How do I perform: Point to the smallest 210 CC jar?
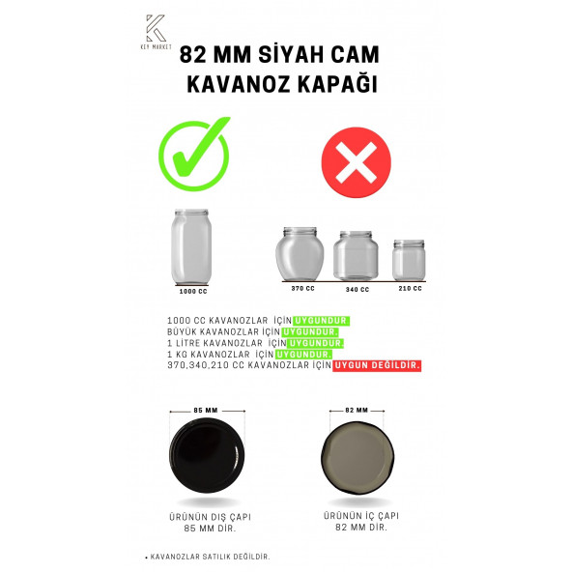[409, 260]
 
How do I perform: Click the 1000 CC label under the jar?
[194, 291]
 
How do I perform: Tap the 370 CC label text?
[302, 288]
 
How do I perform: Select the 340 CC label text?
[357, 288]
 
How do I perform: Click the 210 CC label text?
[411, 288]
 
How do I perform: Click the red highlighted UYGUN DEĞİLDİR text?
[377, 365]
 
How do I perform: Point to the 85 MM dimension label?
[205, 410]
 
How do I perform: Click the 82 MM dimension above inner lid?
[356, 411]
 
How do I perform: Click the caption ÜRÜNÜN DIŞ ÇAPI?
[204, 517]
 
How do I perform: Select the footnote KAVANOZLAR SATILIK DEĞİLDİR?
[209, 558]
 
